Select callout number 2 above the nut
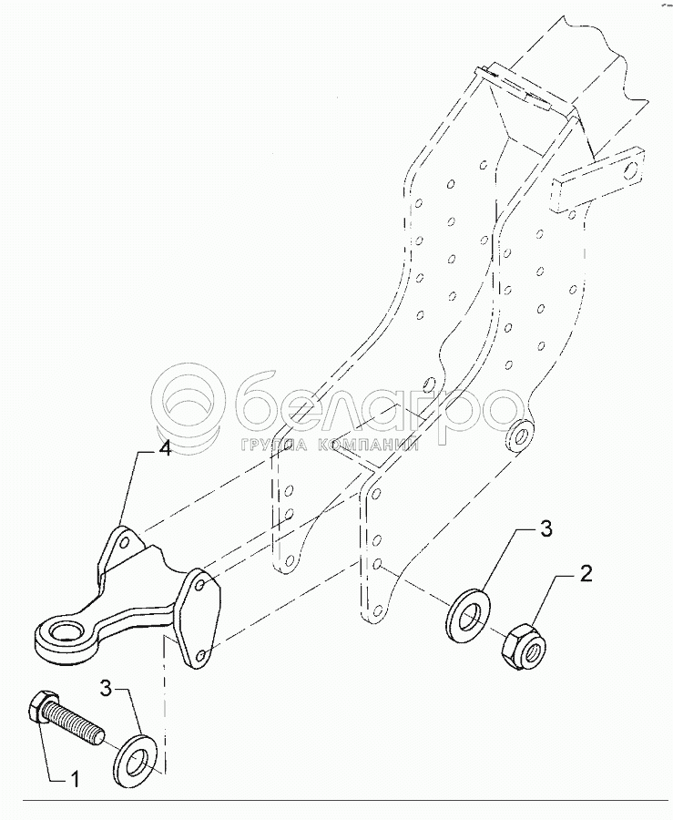587,573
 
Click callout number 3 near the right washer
546,529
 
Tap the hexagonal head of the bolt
42,707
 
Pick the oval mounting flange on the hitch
196,616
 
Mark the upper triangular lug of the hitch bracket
124,546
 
